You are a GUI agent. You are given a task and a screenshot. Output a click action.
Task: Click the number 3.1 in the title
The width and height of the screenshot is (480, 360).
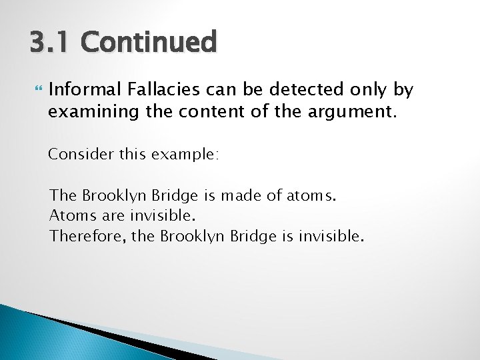(49, 42)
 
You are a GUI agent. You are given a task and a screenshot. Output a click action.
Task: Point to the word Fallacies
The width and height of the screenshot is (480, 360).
(143, 89)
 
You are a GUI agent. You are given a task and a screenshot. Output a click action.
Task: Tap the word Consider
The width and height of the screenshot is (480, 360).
(74, 155)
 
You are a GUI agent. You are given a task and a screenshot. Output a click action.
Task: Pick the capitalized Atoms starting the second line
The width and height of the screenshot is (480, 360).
(69, 215)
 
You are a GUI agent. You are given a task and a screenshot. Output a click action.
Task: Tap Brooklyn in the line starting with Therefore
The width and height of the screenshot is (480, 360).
(191, 235)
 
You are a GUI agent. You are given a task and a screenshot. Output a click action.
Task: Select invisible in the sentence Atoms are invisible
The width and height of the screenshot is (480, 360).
(153, 215)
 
